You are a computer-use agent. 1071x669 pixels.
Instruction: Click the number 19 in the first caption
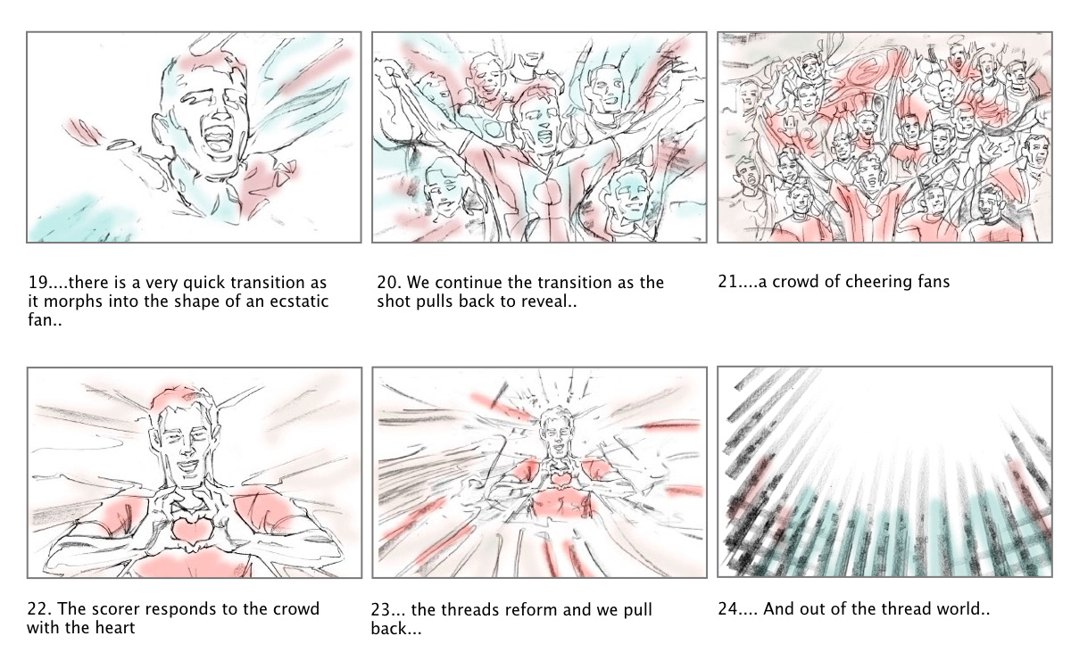click(x=37, y=283)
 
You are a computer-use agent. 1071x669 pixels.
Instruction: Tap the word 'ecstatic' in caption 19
click(x=299, y=301)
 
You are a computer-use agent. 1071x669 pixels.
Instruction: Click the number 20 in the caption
click(x=387, y=283)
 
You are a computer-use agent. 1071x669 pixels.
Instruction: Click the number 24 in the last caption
click(x=728, y=609)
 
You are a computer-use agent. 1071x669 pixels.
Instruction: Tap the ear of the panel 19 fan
click(x=160, y=129)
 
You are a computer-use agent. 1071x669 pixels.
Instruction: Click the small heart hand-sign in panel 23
click(x=557, y=478)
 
